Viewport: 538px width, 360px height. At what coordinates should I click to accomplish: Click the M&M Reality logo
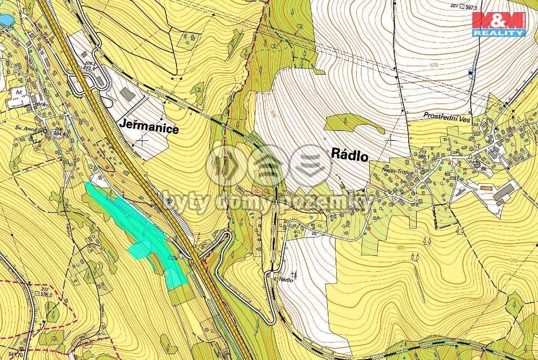pyautogui.click(x=499, y=23)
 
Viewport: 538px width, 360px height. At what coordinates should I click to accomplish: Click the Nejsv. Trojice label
pyautogui.click(x=398, y=171)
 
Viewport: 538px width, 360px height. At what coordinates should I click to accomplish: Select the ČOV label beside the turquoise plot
pyautogui.click(x=171, y=258)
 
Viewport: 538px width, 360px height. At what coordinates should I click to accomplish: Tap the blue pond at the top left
pyautogui.click(x=5, y=20)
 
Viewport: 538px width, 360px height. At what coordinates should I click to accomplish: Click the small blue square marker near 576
pyautogui.click(x=470, y=73)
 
